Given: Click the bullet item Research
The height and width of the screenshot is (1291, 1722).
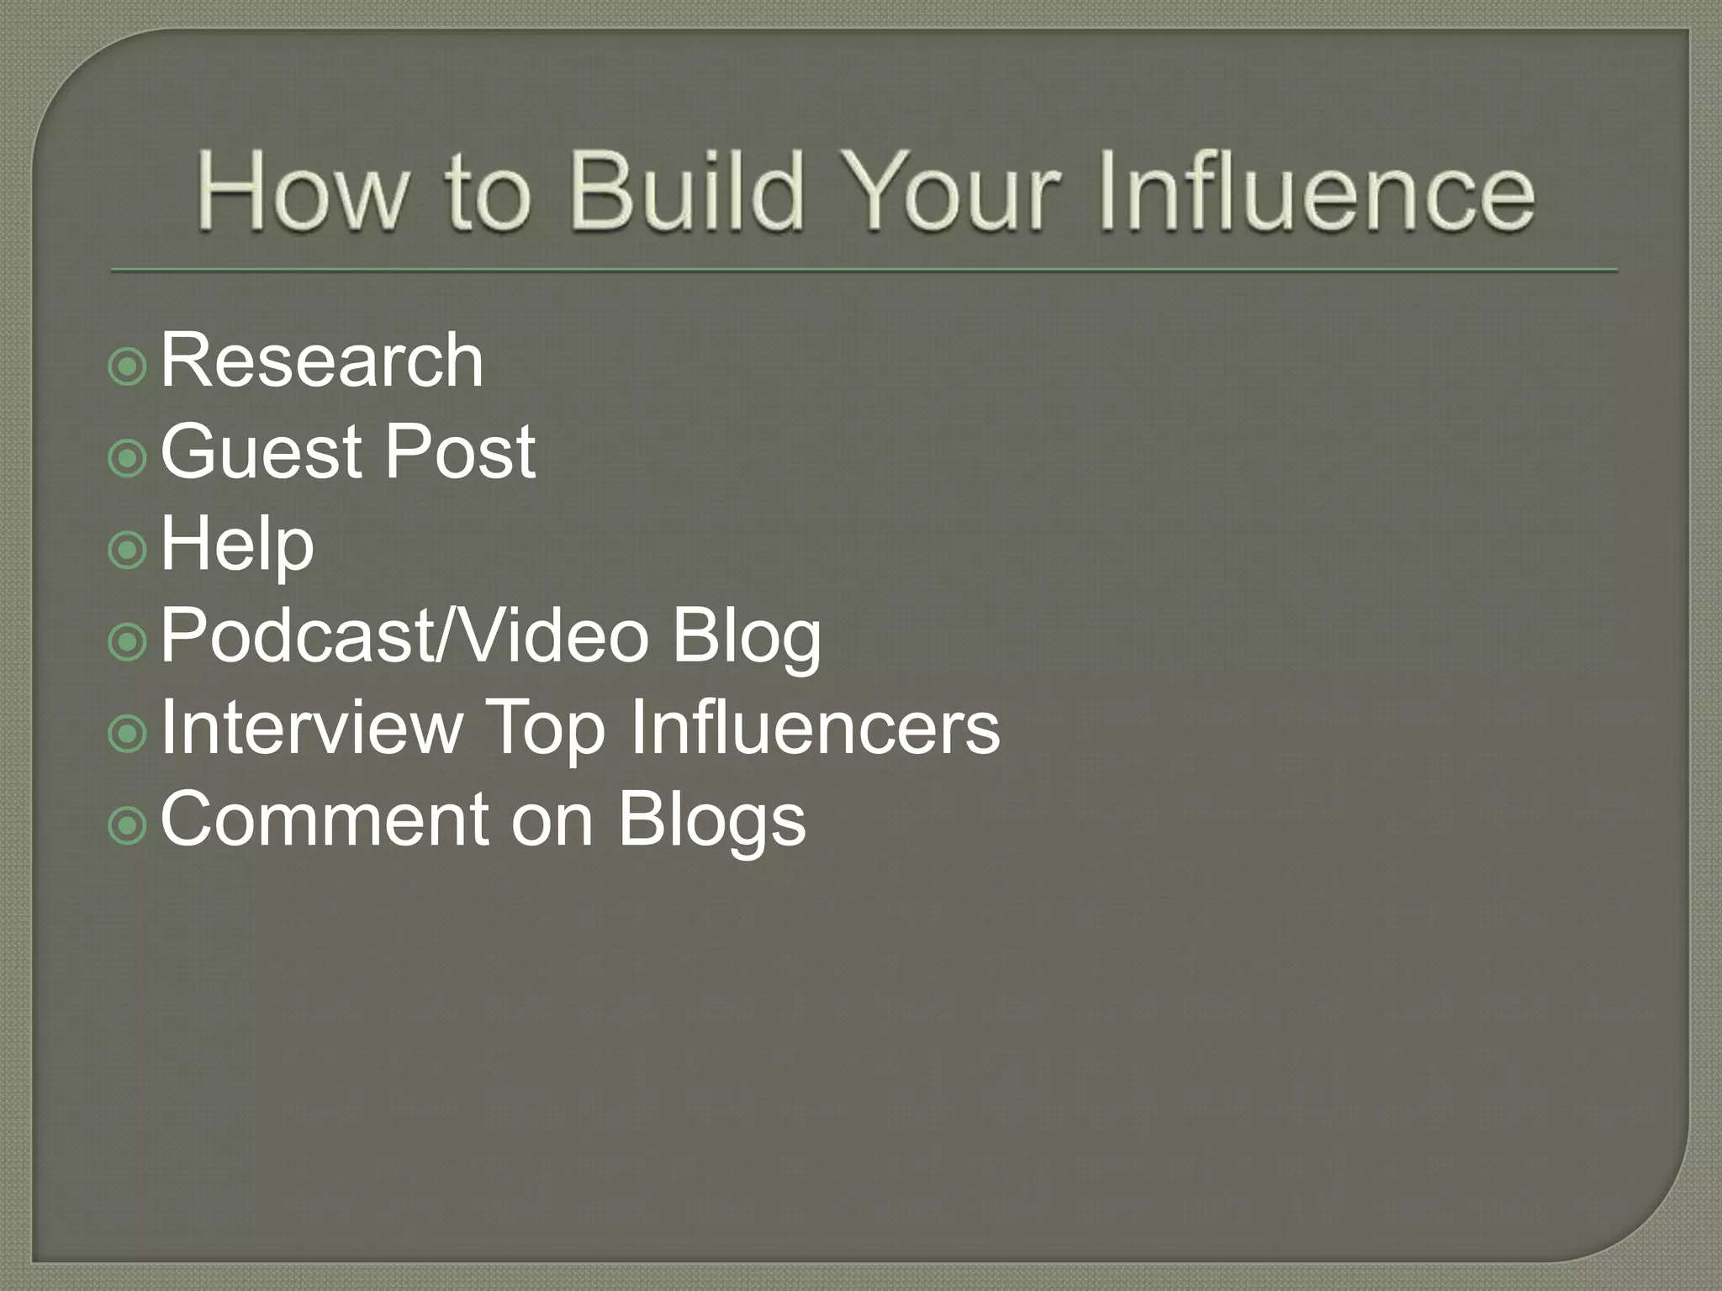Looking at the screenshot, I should pos(322,361).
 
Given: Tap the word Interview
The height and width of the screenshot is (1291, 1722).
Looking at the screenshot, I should pos(312,727).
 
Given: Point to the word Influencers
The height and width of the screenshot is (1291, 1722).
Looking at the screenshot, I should pos(815,727).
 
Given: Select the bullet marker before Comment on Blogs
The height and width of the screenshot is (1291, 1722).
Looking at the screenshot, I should pos(128,826).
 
